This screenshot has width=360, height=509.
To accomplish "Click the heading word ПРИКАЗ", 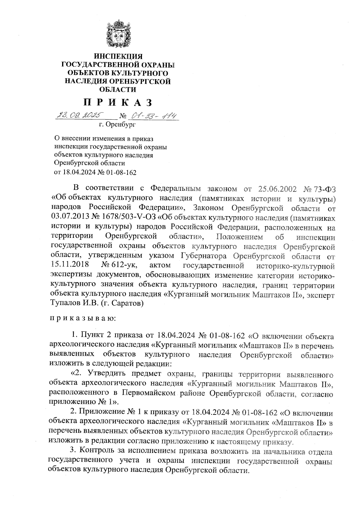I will pos(118,103).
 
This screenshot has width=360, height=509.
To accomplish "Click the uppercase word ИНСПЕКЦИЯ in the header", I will pos(118,56).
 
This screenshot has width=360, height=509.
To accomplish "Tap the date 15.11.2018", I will pos(70,265).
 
